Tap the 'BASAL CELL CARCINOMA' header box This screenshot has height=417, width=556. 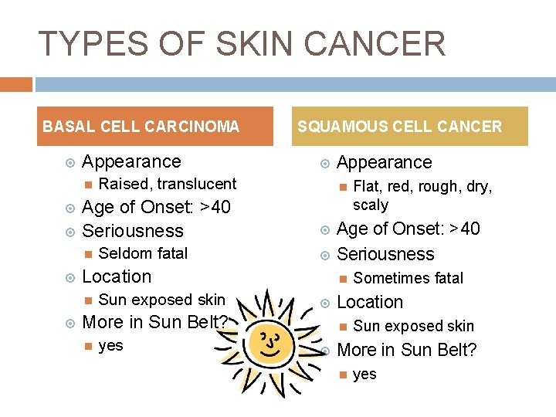[141, 127]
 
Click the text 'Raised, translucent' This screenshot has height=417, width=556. [168, 184]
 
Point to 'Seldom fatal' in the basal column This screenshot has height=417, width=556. [144, 253]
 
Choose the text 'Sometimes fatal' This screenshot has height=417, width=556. [408, 278]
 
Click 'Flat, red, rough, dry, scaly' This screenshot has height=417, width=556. [422, 195]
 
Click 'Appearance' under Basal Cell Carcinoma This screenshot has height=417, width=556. [131, 161]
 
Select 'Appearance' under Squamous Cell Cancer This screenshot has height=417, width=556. [385, 162]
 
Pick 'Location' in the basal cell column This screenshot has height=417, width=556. [117, 276]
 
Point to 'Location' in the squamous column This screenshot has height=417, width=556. [370, 302]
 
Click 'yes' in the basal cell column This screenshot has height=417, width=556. [111, 345]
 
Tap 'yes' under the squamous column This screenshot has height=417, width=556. [364, 374]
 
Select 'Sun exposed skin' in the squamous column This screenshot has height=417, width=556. [413, 326]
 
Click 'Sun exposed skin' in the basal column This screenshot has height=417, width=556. [162, 300]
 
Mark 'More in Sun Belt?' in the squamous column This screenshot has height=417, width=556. [407, 350]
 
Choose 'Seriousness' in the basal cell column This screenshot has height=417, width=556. [133, 231]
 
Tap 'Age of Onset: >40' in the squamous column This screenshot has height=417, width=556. [409, 229]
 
